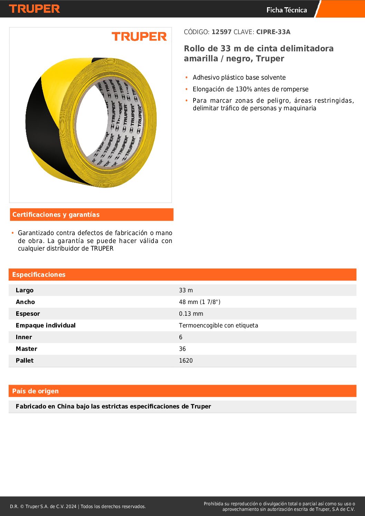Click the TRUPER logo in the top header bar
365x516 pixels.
34,9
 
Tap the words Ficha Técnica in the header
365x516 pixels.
287,10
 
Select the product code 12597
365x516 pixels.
221,32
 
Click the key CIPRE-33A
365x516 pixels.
273,32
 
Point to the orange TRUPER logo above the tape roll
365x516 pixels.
139,37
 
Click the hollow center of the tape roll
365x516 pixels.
91,122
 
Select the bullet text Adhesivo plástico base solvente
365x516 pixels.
239,78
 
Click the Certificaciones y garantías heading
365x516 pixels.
56,215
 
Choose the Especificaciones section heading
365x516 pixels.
39,275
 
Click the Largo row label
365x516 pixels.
24,290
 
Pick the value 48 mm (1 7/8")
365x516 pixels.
199,302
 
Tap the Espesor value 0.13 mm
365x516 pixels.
191,314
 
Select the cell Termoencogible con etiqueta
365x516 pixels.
218,325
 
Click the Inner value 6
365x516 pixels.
180,337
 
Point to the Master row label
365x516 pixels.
26,349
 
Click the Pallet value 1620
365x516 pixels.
186,361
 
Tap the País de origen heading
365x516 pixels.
35,391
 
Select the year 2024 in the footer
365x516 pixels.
71,506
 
